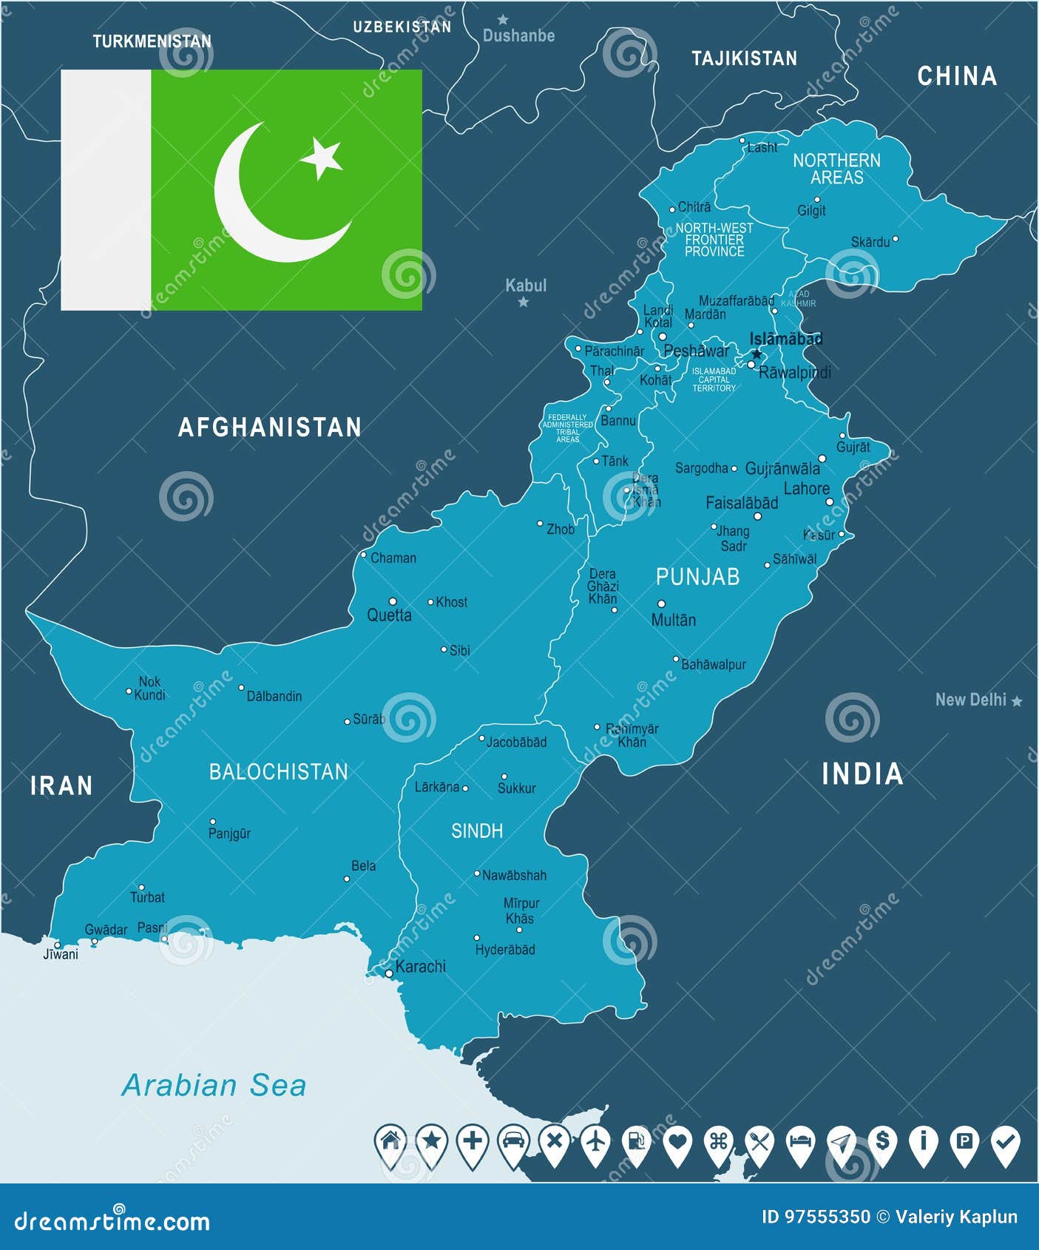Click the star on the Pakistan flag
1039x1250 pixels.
pos(322,157)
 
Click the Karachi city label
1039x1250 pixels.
pos(420,966)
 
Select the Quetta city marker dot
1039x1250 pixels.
pos(393,601)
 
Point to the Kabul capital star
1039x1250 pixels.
pos(524,302)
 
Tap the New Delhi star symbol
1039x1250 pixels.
pos(1017,700)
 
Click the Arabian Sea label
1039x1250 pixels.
pos(214,1085)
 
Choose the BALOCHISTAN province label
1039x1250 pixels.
pos(278,771)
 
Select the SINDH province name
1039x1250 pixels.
pos(477,831)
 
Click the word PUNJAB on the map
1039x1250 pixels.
pos(697,576)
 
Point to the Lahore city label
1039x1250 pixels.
pos(806,488)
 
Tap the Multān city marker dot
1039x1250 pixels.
pos(661,604)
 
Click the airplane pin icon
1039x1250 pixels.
pos(595,1143)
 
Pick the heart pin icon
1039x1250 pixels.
pos(677,1143)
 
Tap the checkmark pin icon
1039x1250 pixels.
pos(1005,1143)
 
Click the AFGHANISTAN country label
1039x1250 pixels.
pos(270,427)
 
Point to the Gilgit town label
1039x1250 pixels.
pos(811,211)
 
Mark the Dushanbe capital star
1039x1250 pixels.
pos(503,19)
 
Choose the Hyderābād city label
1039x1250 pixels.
pos(505,949)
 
